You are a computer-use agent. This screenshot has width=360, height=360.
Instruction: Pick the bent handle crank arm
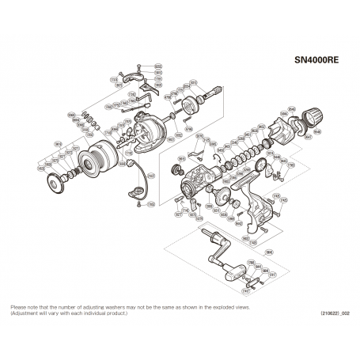click(213, 250)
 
